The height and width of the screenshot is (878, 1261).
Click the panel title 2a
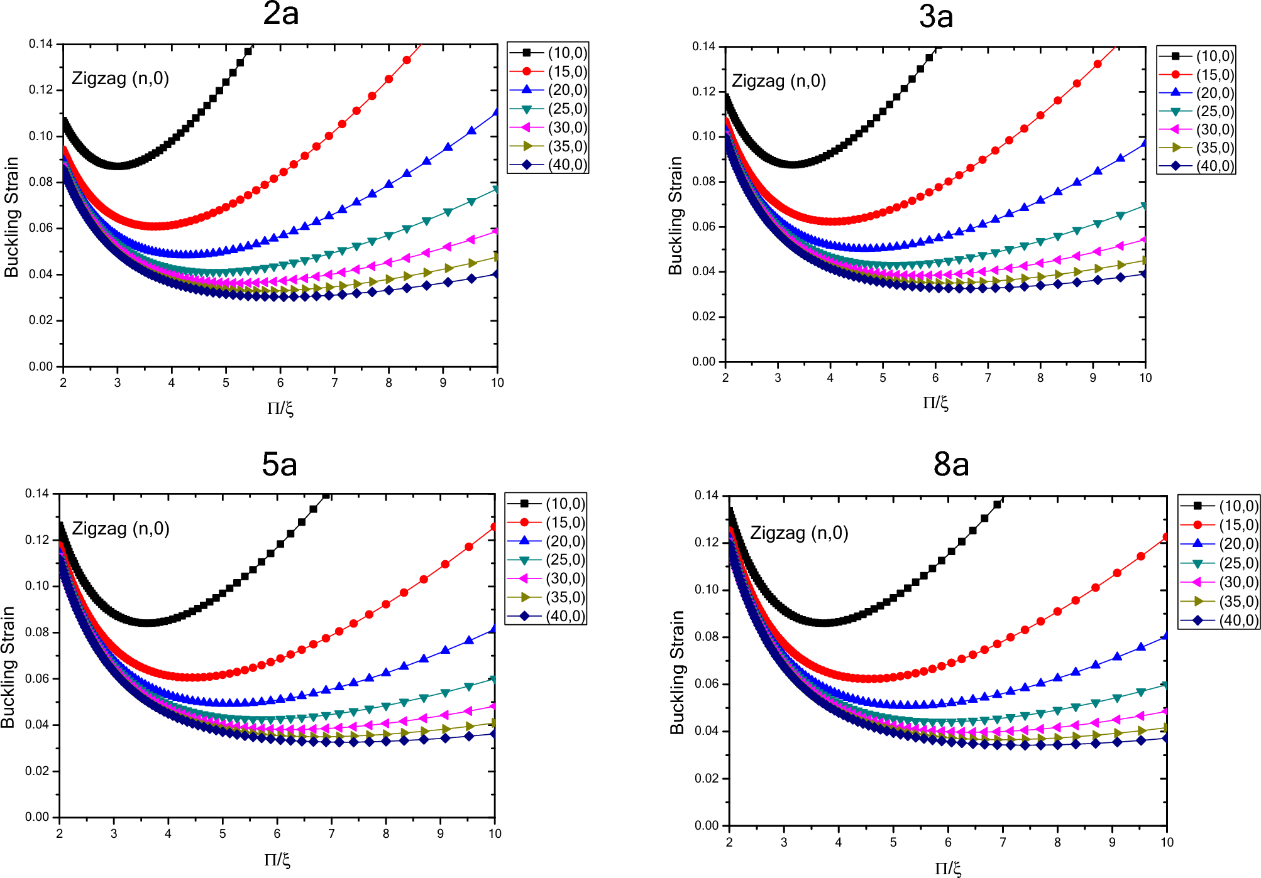(x=280, y=14)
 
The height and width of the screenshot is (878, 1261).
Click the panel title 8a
(x=950, y=465)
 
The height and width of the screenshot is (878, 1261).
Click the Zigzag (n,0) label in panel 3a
(x=778, y=81)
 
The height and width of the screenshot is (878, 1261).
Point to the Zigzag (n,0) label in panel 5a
(x=121, y=529)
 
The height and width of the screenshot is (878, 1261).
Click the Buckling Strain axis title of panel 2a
(x=12, y=217)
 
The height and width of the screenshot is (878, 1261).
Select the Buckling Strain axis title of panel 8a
(x=676, y=672)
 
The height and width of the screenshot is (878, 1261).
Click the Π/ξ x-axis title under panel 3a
(x=935, y=403)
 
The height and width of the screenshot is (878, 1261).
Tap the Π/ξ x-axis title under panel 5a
(x=277, y=860)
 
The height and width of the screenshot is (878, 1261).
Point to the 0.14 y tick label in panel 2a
(x=41, y=44)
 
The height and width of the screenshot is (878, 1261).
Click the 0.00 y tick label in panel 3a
(x=704, y=362)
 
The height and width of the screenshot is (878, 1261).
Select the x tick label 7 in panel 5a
(x=331, y=833)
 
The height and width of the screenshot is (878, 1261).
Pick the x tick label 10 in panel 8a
(x=1167, y=842)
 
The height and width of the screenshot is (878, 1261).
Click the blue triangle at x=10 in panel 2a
(x=496, y=112)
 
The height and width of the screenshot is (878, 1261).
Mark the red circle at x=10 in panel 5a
(x=494, y=526)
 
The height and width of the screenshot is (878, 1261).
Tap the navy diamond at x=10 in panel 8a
(x=1166, y=738)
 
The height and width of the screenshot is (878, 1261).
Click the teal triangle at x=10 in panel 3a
(x=1144, y=206)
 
